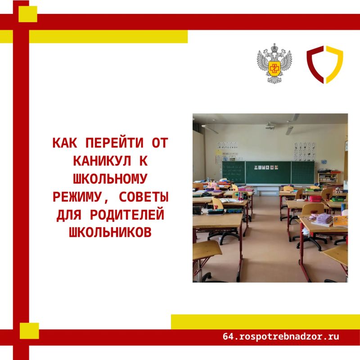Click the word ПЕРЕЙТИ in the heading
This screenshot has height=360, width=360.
pos(114,143)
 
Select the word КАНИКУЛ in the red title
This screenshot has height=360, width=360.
pos(102,161)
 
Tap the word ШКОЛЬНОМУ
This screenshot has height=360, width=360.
pos(110,179)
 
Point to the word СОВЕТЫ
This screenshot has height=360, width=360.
pos(144,197)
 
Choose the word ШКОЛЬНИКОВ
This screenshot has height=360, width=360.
pos(110,232)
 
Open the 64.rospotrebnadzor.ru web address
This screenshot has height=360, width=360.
pos(281,337)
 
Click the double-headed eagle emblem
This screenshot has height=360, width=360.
pos(274,63)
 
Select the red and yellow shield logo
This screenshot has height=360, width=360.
pos(325,64)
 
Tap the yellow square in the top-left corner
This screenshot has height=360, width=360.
pos(28,14)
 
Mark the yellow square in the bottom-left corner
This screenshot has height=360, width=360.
pos(29,331)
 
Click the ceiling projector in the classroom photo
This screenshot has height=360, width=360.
pos(270,126)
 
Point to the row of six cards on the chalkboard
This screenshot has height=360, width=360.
pos(266,167)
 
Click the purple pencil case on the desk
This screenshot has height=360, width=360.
pos(324,218)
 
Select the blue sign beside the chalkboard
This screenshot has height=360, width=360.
pos(324,162)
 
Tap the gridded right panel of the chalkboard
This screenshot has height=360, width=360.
pos(303,173)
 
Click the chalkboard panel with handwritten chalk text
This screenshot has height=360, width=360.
pos(234,172)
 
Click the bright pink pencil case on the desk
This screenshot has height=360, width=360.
pos(315,198)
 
